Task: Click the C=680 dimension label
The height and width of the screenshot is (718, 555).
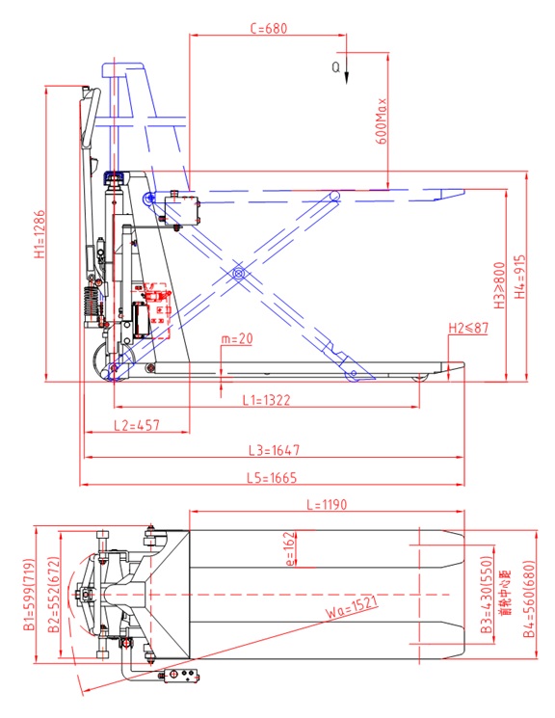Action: [x=269, y=29]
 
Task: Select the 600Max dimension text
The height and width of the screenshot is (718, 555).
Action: [x=383, y=120]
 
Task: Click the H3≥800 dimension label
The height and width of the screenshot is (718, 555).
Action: [x=500, y=279]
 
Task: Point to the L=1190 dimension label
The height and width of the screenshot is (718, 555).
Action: [x=326, y=504]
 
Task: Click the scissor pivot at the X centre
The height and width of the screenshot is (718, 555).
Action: [x=237, y=276]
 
